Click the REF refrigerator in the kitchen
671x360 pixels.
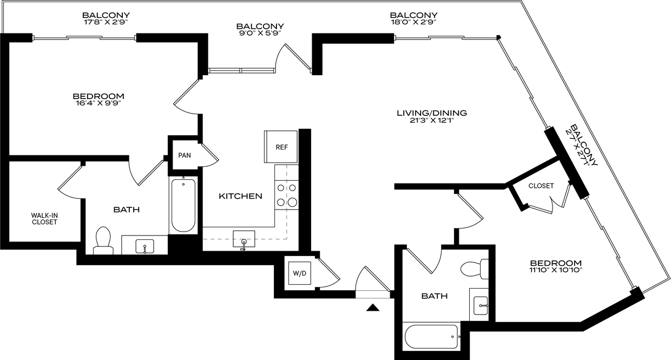(x=281, y=147)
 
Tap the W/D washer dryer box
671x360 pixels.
(x=300, y=273)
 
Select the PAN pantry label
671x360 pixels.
(x=185, y=155)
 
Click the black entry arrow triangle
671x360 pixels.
(x=373, y=307)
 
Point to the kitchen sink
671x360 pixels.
(x=244, y=239)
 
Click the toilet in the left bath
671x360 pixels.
(x=103, y=241)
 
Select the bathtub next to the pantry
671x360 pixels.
(x=183, y=205)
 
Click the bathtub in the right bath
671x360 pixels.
(x=431, y=336)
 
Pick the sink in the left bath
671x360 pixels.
(x=144, y=246)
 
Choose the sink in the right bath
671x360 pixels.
(x=481, y=305)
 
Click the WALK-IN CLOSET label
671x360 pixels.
(x=44, y=219)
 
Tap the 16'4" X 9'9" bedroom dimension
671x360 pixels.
(x=98, y=103)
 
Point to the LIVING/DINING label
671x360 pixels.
(x=432, y=113)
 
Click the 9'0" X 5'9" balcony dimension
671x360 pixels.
(x=260, y=33)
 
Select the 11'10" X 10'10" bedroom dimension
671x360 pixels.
(x=556, y=270)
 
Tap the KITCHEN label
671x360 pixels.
(x=241, y=196)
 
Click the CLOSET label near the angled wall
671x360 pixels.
(x=541, y=186)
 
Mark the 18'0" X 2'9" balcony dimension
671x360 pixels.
(x=413, y=22)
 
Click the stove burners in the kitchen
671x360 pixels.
(x=287, y=195)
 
